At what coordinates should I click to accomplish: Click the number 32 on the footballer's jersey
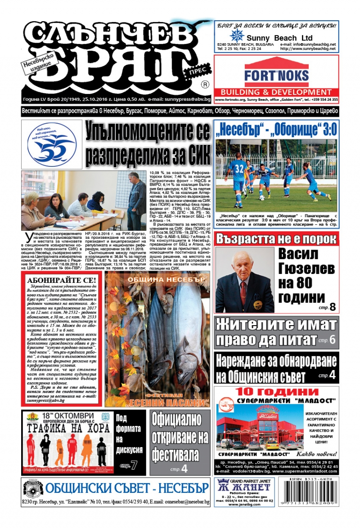(x=239, y=169)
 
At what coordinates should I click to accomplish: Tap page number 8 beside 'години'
(x=333, y=307)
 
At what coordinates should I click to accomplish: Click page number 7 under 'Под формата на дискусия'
(x=134, y=465)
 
